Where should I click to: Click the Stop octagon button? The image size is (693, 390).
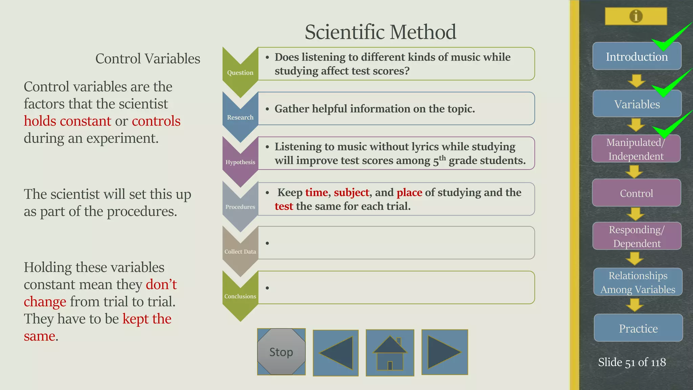coord(281,352)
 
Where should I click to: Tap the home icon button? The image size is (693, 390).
coord(390,353)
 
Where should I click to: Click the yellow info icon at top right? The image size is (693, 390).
coord(636,16)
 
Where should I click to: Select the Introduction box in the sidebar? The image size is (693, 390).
coord(636,57)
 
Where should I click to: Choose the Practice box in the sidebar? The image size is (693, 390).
coord(638,328)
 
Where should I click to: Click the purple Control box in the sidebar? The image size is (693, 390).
coord(636,193)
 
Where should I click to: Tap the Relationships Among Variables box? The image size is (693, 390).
coord(638,282)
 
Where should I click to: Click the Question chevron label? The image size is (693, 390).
coord(240,72)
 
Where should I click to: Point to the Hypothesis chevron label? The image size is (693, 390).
coord(240,162)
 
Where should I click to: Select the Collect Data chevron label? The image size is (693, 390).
coord(240,252)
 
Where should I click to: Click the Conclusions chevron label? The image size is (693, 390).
coord(240,296)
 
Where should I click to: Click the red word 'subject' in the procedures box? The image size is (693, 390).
coord(351,193)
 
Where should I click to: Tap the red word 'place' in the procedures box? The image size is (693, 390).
coord(409,193)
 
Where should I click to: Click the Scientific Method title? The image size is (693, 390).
coord(380,32)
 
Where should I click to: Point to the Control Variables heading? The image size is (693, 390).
coord(148,59)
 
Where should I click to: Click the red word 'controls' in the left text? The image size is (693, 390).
coord(156,121)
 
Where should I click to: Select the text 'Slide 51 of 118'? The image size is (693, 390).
coord(632,362)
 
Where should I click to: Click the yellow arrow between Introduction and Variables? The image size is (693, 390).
coord(636,81)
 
